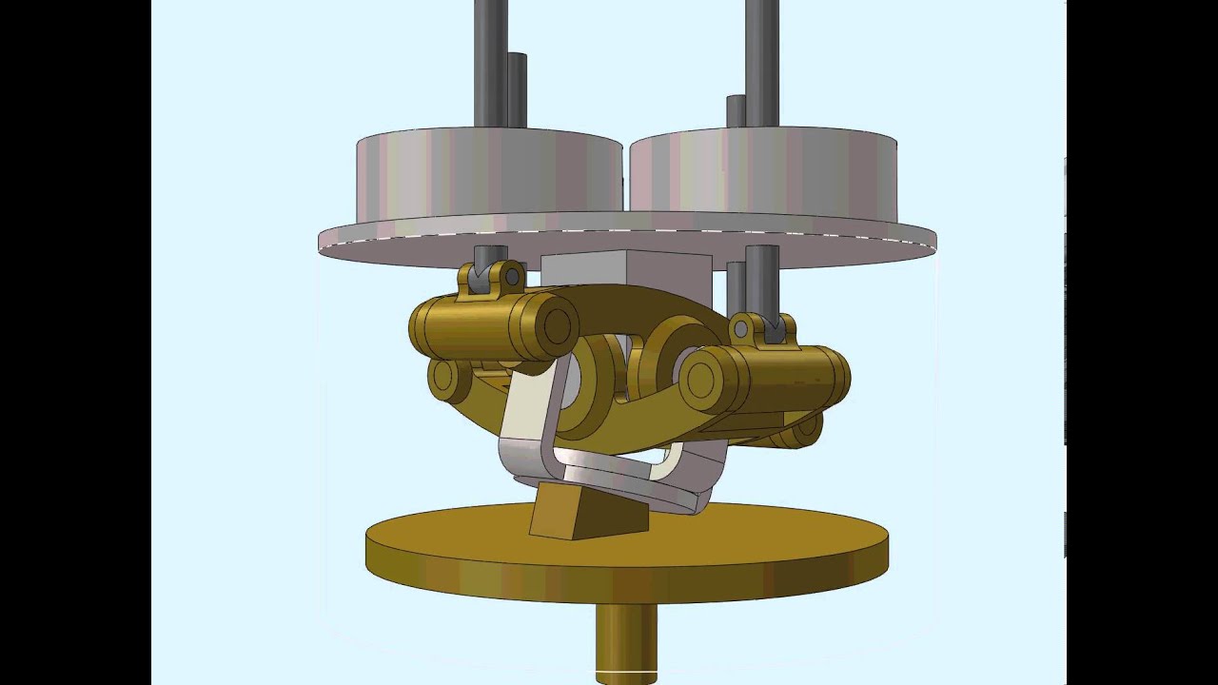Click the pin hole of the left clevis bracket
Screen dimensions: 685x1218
[513, 278]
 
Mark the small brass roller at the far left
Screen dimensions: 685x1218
[443, 379]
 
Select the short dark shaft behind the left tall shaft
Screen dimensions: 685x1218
[518, 90]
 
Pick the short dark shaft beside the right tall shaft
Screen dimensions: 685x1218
[736, 111]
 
